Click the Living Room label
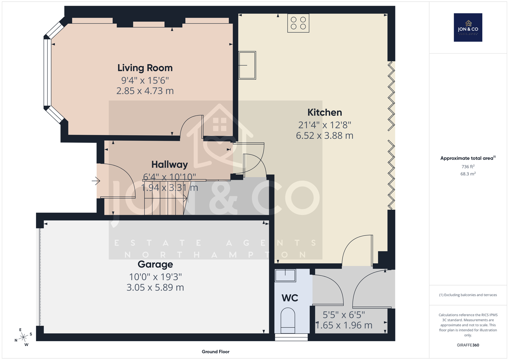145,68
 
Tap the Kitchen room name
324,112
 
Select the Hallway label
170,165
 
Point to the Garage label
155,264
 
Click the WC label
290,298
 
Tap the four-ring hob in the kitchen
298,23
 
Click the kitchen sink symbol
247,65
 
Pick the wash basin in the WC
285,275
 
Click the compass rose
23,337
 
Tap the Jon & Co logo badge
468,27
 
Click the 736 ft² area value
468,166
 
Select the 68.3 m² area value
468,174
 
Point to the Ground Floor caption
216,352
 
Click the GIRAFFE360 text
468,345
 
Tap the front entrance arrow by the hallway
96,181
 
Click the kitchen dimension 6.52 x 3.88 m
324,136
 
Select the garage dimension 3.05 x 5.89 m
155,287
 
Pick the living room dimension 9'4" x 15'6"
145,80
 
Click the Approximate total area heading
468,158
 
